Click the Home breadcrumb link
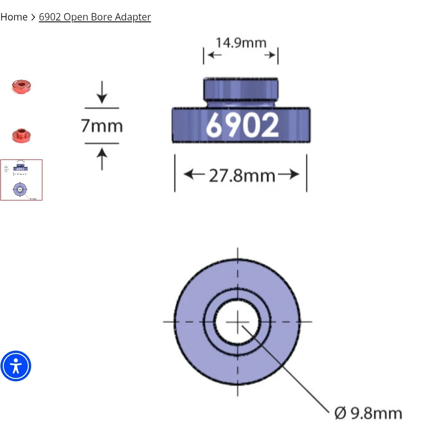pos(14,17)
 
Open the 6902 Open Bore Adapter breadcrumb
pos(95,17)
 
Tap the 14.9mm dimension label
pos(241,43)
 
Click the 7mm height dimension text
pos(102,126)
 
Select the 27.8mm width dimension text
pos(242,176)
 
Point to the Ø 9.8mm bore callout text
pos(368,413)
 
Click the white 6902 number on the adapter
pos(242,125)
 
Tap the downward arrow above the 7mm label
pos(102,93)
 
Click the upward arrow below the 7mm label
pos(102,158)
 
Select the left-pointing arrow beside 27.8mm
pos(193,175)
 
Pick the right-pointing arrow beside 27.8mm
pos(289,175)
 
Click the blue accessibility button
pos(16,366)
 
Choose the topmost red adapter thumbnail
pos(21,86)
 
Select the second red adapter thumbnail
pos(21,136)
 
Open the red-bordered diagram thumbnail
pos(21,180)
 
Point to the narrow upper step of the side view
pos(241,88)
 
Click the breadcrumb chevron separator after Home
pos(33,17)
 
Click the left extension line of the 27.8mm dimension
pos(175,173)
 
